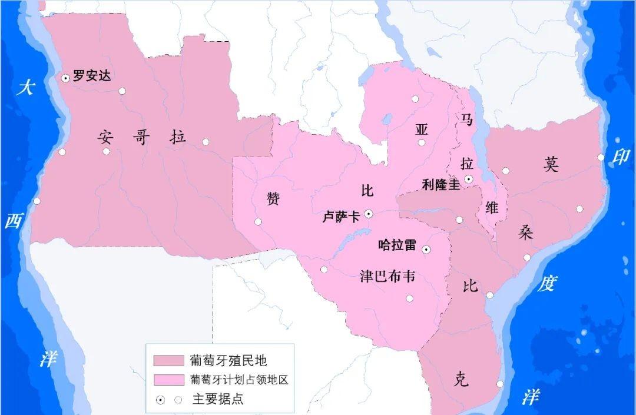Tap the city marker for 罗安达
tap(65, 77)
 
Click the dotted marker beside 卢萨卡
tap(368, 214)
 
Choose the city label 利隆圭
tap(440, 184)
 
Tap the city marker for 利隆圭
tap(469, 178)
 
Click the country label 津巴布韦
tap(387, 276)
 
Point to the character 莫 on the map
tap(551, 164)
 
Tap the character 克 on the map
tap(462, 380)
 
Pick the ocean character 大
tap(25, 88)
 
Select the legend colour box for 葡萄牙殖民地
tap(168, 360)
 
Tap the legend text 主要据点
tap(217, 399)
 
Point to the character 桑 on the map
tap(525, 232)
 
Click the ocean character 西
tap(13, 221)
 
